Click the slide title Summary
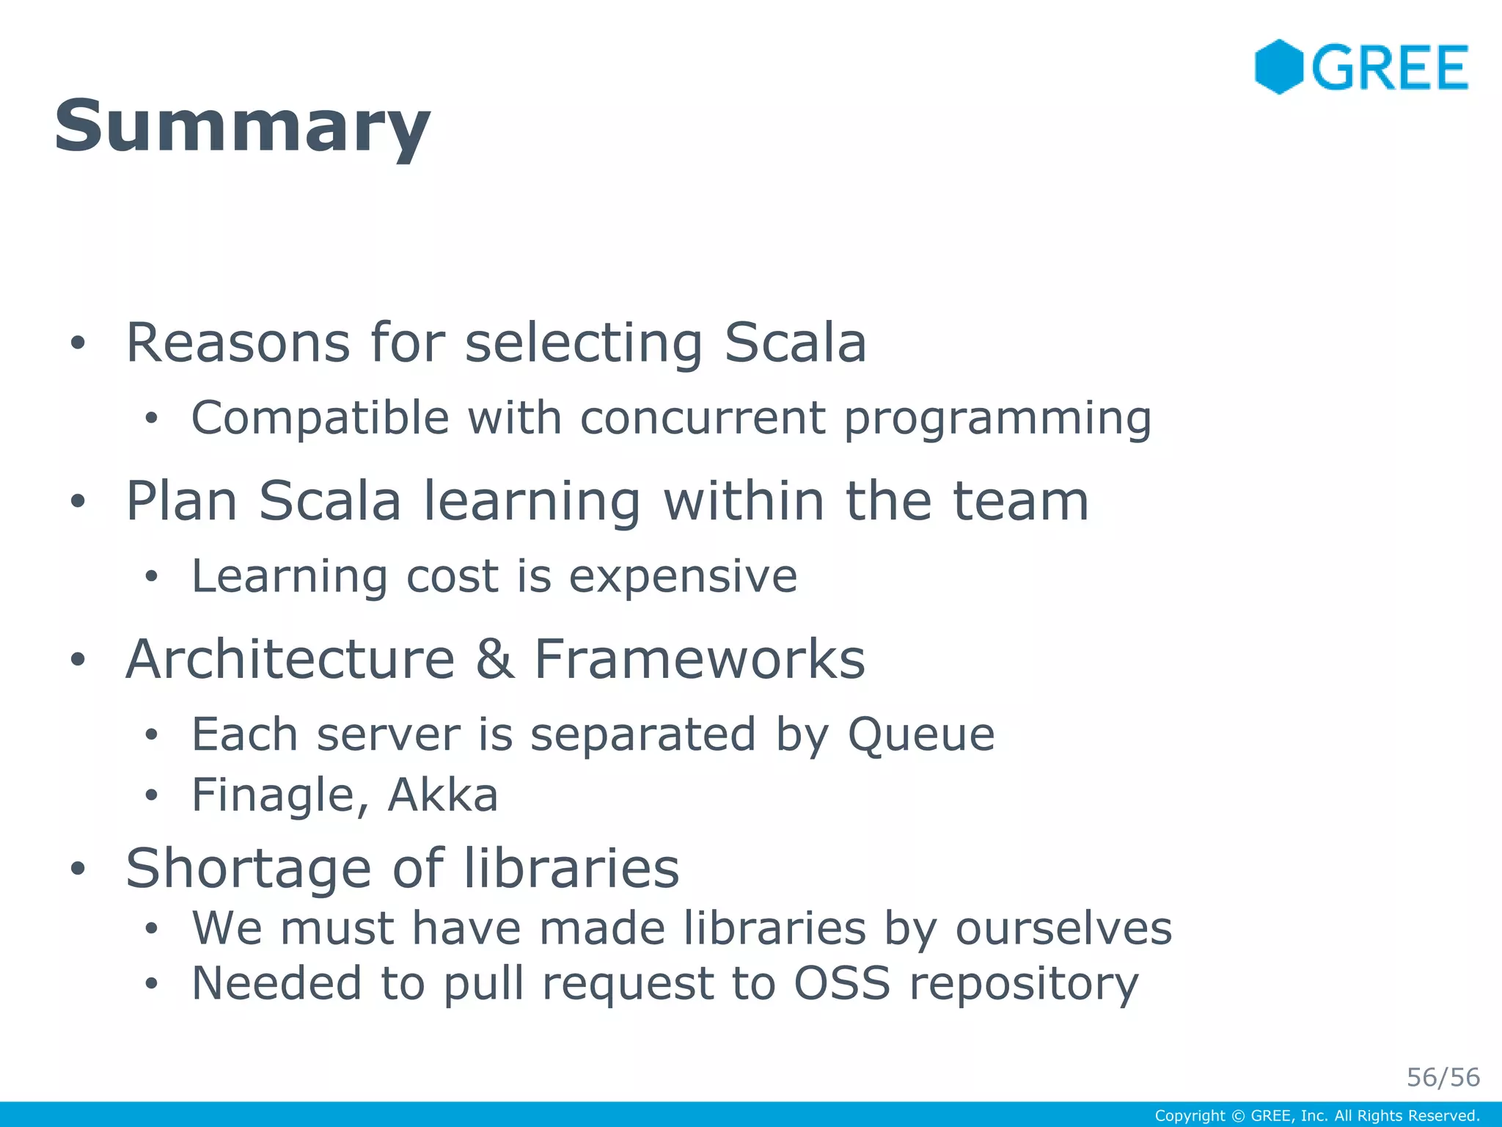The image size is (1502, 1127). pos(242,126)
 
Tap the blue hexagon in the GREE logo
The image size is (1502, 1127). pos(1278,67)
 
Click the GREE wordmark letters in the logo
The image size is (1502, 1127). pos(1390,68)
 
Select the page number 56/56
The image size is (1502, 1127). pos(1443,1077)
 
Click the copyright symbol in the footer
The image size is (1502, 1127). pos(1238,1116)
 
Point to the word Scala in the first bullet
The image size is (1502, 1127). pos(795,343)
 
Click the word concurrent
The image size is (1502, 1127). pos(702,418)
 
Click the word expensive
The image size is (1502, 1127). pos(683,577)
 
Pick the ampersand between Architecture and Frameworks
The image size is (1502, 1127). pos(494,659)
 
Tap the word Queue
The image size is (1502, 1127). pos(921,735)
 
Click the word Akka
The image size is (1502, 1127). pos(442,795)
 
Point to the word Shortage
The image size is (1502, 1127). pos(249,869)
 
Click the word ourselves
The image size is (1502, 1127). pos(1063,929)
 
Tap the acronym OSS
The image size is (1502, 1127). pos(842,983)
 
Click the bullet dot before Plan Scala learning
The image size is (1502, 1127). pos(78,502)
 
